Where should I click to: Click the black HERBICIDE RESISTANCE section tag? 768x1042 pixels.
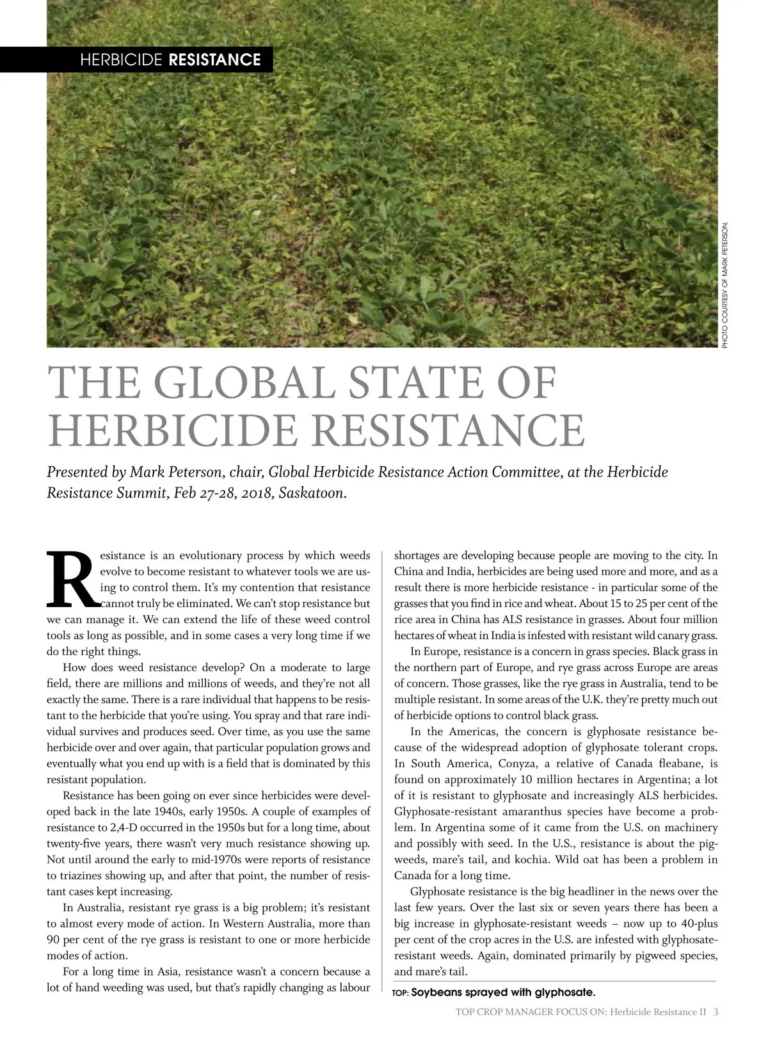click(170, 60)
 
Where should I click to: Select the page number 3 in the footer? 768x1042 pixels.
click(716, 1012)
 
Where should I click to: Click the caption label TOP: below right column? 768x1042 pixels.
click(400, 993)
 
